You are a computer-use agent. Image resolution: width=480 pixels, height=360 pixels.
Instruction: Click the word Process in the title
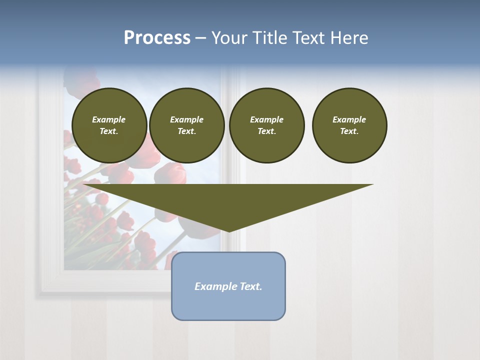[157, 38]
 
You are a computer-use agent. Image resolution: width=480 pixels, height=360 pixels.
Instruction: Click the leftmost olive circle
[109, 125]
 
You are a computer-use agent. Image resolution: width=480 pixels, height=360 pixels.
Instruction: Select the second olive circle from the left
[187, 125]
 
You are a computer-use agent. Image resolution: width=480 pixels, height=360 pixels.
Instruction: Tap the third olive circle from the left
[266, 125]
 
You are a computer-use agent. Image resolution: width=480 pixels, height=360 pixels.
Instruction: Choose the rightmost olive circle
[349, 125]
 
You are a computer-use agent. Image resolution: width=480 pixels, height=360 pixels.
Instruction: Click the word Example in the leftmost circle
[109, 119]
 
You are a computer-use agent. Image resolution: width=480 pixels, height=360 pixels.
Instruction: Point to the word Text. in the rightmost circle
[349, 131]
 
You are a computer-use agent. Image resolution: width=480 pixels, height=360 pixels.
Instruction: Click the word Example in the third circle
[266, 119]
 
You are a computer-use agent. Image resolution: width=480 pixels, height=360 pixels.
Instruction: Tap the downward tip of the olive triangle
[229, 230]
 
